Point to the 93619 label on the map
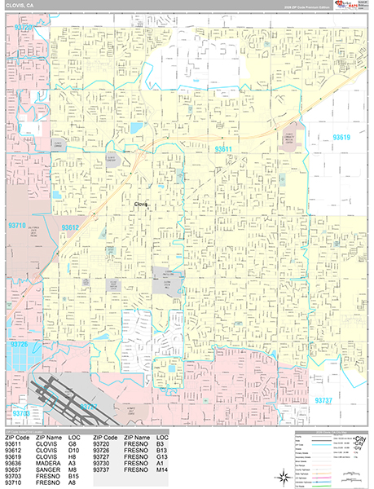[341, 138]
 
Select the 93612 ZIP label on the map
[71, 227]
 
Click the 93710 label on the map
[18, 225]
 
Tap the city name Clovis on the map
[142, 205]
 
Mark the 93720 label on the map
[24, 27]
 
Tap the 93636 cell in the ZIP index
[14, 463]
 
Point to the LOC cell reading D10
[76, 450]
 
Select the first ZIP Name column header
[50, 437]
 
